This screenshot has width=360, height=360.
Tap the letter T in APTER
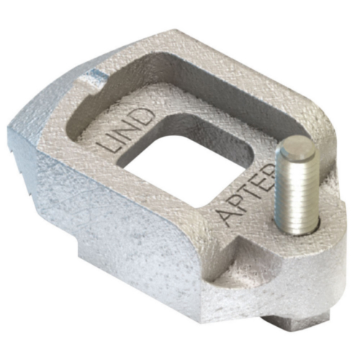click(249, 189)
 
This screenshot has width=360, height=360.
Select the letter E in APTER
click(258, 176)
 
